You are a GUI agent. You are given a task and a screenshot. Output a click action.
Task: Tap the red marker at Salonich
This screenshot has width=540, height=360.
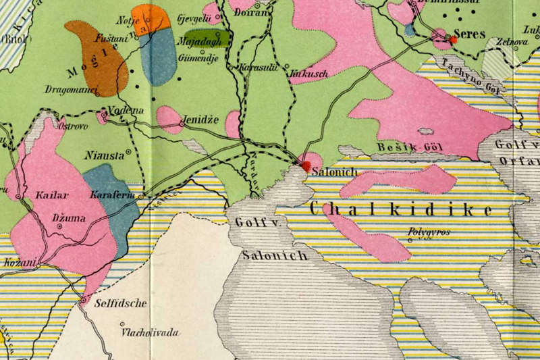[x=306, y=165]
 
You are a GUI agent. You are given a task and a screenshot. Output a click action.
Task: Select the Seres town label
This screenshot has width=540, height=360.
[x=470, y=34]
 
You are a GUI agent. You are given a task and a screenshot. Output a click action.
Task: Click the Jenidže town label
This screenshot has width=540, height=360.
[x=201, y=120]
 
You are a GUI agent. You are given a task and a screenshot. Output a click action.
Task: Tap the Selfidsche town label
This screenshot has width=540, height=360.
[x=120, y=303]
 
